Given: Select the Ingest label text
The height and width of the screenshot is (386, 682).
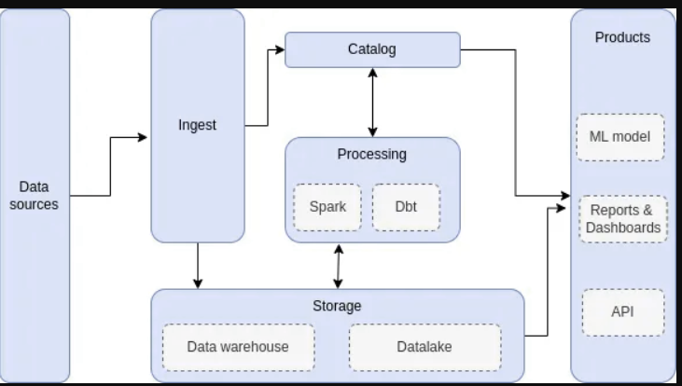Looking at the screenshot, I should (197, 125).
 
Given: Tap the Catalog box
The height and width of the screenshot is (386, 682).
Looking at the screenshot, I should (371, 49).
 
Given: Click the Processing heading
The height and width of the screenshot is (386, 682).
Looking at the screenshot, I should (371, 154).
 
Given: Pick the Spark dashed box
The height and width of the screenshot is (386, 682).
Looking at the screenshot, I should (327, 206).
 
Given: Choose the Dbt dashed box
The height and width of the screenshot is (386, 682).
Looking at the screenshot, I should (405, 206).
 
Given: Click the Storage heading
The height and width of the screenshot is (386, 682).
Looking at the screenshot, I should (337, 306).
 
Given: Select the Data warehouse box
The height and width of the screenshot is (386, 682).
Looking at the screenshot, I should (238, 347).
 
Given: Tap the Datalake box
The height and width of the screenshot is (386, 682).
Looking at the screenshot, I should (425, 347).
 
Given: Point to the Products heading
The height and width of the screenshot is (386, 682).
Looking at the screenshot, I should (622, 37).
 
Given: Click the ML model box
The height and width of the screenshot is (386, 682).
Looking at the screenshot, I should (619, 137).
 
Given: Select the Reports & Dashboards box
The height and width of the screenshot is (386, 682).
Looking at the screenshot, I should (622, 219).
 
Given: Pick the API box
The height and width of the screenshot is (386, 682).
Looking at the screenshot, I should (622, 312).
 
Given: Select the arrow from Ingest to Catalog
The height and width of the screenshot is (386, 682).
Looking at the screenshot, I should (268, 84).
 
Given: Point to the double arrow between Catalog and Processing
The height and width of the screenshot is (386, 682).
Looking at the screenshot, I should (373, 103).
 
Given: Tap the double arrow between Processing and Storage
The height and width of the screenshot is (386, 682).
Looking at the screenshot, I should (338, 266).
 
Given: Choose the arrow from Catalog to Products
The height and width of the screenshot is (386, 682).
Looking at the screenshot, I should (514, 121).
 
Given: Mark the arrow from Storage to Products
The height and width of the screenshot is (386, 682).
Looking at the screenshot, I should (545, 280).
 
